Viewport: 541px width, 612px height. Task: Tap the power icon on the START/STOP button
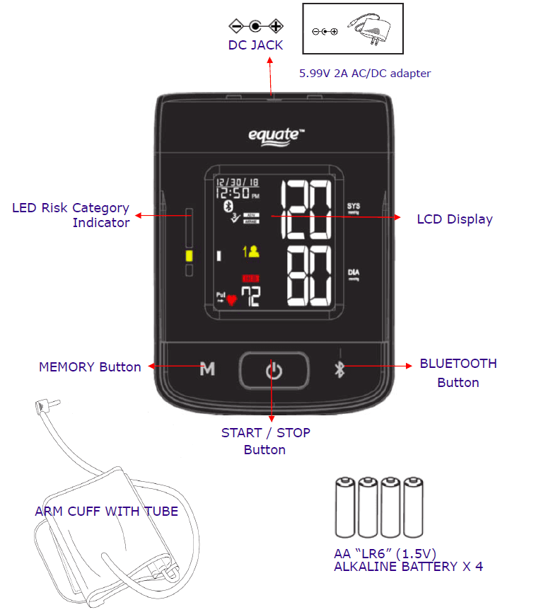[x=274, y=369]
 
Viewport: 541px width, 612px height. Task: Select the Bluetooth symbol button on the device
[x=339, y=369]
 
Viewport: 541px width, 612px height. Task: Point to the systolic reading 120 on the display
[x=306, y=210]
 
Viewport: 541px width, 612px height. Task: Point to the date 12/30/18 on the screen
[x=237, y=183]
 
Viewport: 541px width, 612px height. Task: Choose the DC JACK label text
[x=255, y=45]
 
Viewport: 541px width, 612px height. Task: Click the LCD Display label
[x=454, y=219]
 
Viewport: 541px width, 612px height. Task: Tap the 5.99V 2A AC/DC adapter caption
[x=366, y=73]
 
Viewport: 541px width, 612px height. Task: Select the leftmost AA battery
[x=345, y=509]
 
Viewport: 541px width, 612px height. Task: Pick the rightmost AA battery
[x=414, y=509]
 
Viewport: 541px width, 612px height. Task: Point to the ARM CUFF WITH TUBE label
[x=106, y=511]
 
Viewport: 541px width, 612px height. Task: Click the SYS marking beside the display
[x=354, y=207]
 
